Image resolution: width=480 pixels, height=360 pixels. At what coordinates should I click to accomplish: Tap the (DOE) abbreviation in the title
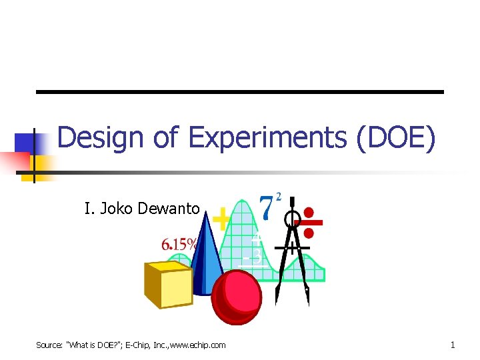pyautogui.click(x=396, y=138)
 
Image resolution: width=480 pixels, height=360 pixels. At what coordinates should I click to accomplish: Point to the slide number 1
pyautogui.click(x=453, y=345)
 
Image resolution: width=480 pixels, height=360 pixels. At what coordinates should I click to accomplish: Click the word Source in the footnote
pyautogui.click(x=49, y=345)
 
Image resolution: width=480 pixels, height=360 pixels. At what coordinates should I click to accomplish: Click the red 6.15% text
pyautogui.click(x=179, y=245)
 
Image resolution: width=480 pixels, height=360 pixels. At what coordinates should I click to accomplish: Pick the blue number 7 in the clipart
pyautogui.click(x=267, y=208)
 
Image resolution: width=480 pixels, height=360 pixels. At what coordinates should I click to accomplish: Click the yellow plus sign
pyautogui.click(x=221, y=218)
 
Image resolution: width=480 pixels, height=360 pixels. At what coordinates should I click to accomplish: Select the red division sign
pyautogui.click(x=309, y=223)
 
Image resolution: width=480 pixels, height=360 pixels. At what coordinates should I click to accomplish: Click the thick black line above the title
pyautogui.click(x=239, y=91)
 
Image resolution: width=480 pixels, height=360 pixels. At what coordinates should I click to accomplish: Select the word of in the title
pyautogui.click(x=166, y=138)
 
